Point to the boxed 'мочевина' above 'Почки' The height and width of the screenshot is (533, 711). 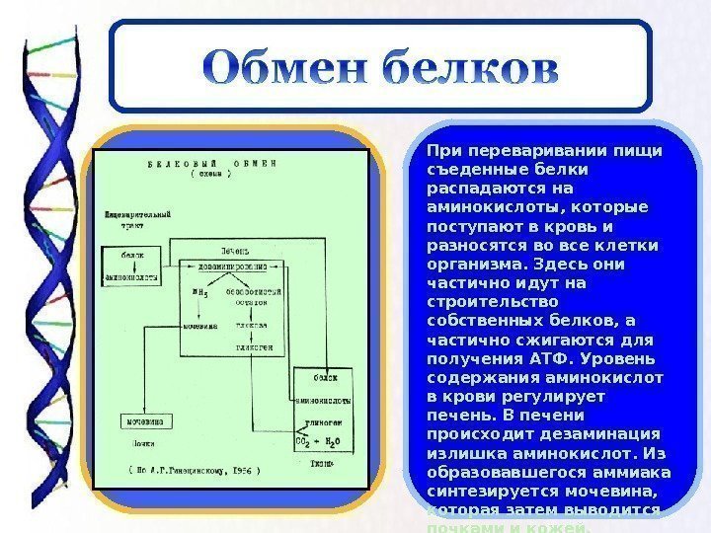144,421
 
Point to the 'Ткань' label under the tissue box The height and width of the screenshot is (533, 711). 320,461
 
